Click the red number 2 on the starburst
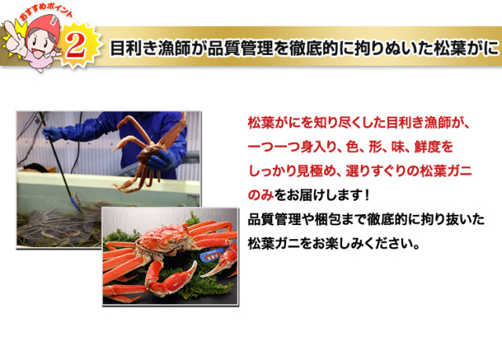[76, 45]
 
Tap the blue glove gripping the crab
[163, 160]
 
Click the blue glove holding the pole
[53, 133]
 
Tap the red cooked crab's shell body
[164, 239]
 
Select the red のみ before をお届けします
[260, 195]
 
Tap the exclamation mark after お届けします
[367, 195]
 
